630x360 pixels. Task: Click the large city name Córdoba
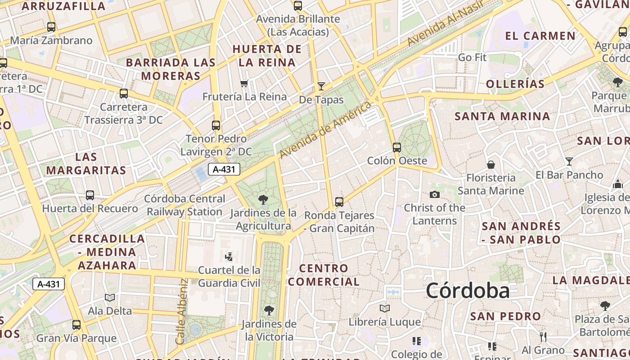point(468,290)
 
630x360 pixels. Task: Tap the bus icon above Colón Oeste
point(396,147)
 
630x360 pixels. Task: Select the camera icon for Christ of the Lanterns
point(434,194)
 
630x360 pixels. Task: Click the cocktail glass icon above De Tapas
point(321,86)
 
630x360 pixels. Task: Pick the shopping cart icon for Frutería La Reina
point(244,83)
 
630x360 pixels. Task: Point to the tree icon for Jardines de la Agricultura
point(263,199)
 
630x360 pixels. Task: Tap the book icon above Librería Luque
point(384,309)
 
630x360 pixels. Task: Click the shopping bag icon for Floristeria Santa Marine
point(490,165)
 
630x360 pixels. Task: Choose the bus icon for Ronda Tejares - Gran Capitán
point(339,202)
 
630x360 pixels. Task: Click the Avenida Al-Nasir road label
point(445,22)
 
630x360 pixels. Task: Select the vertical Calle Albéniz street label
point(181,311)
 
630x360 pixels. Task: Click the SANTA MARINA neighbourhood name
point(502,116)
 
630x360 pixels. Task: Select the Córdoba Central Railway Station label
point(184,205)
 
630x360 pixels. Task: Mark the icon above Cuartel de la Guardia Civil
point(229,257)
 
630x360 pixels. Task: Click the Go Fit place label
point(472,58)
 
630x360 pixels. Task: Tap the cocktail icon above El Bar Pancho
point(569,161)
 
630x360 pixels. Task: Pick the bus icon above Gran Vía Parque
point(76,324)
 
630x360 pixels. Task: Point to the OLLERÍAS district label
point(515,84)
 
